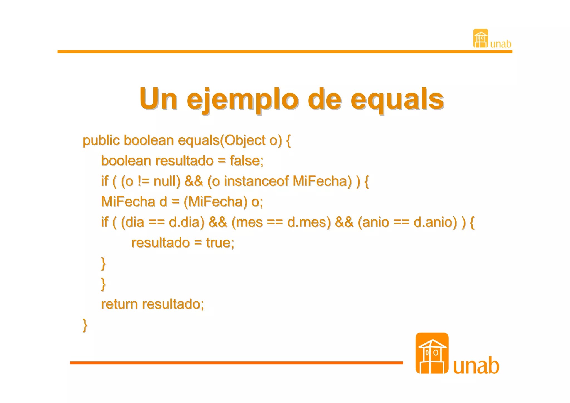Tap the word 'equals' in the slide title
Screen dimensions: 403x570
click(397, 99)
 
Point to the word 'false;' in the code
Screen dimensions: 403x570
click(246, 161)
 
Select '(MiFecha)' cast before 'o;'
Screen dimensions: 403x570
click(215, 202)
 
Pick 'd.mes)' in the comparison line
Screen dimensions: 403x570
click(309, 222)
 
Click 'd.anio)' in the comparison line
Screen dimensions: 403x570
click(435, 222)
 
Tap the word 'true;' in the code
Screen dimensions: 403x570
click(220, 243)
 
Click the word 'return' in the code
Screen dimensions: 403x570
click(119, 304)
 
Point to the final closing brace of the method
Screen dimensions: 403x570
click(85, 325)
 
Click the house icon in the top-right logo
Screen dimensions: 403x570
click(480, 38)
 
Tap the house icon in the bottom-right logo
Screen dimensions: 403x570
click(432, 353)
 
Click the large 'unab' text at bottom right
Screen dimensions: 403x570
click(476, 366)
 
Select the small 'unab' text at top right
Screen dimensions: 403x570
click(500, 44)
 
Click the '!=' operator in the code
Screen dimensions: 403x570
click(144, 181)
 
